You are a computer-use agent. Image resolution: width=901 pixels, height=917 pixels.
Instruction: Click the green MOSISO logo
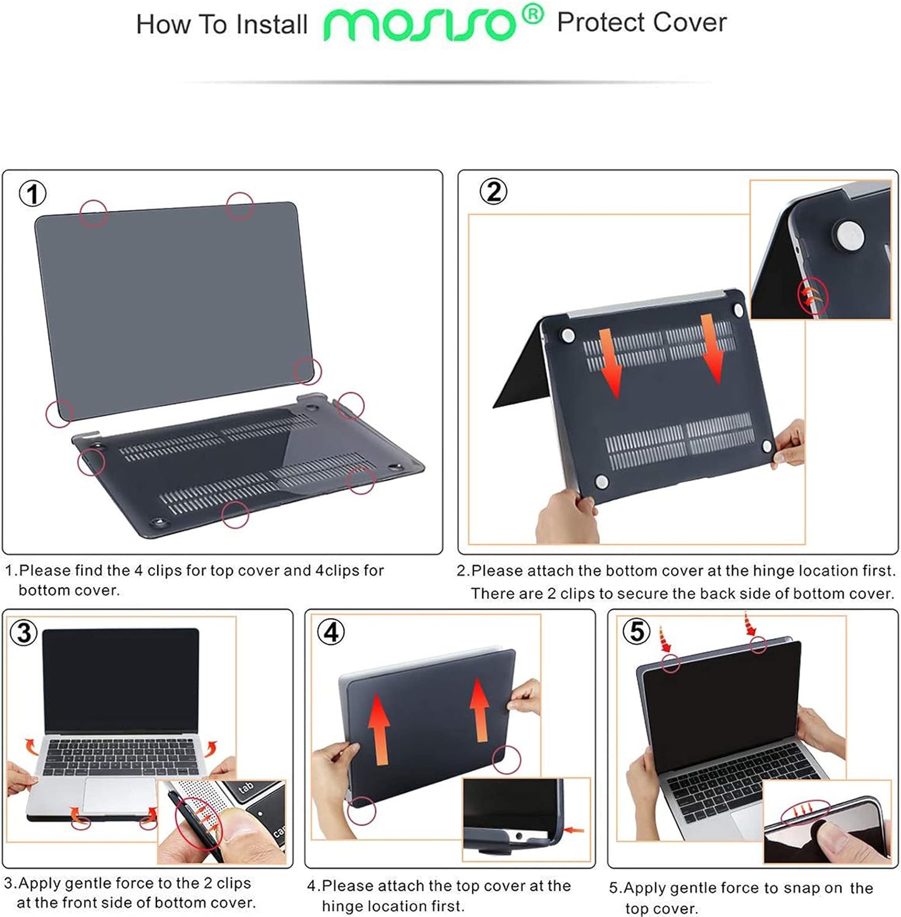point(420,25)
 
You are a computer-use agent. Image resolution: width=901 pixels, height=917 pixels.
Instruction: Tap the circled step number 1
point(32,193)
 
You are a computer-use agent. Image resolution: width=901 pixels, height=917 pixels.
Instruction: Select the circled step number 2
point(493,192)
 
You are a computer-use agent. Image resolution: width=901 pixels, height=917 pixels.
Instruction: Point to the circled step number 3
point(24,633)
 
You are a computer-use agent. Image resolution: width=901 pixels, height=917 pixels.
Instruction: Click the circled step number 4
point(330,632)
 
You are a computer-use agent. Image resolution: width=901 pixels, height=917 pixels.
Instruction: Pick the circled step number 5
point(636,631)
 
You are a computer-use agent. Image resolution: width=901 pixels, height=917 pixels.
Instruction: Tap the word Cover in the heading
point(690,23)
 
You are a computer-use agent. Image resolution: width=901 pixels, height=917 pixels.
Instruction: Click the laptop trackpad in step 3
point(118,795)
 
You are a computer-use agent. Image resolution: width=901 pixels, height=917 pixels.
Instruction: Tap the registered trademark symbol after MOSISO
point(532,13)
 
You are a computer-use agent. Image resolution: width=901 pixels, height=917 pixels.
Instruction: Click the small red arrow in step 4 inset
point(575,830)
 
